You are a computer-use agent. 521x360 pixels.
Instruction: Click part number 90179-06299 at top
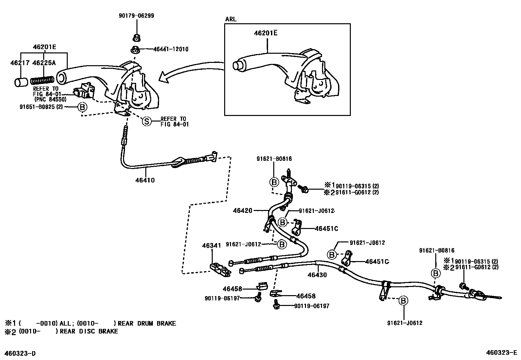pyautogui.click(x=136, y=15)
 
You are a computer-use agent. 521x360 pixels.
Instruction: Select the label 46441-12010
pyautogui.click(x=171, y=49)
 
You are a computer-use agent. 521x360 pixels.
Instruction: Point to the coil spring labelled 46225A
pyautogui.click(x=42, y=80)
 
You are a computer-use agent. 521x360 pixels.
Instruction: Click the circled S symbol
pyautogui.click(x=147, y=122)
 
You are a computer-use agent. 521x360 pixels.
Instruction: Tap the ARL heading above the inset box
pyautogui.click(x=231, y=19)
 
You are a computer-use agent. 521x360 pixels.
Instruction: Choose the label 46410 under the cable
pyautogui.click(x=145, y=180)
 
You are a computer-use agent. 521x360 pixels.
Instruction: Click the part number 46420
pyautogui.click(x=243, y=210)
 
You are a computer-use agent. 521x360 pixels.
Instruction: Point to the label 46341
pyautogui.click(x=211, y=245)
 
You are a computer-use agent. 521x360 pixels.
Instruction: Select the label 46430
pyautogui.click(x=317, y=275)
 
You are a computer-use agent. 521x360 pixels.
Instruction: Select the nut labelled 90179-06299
pyautogui.click(x=136, y=38)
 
